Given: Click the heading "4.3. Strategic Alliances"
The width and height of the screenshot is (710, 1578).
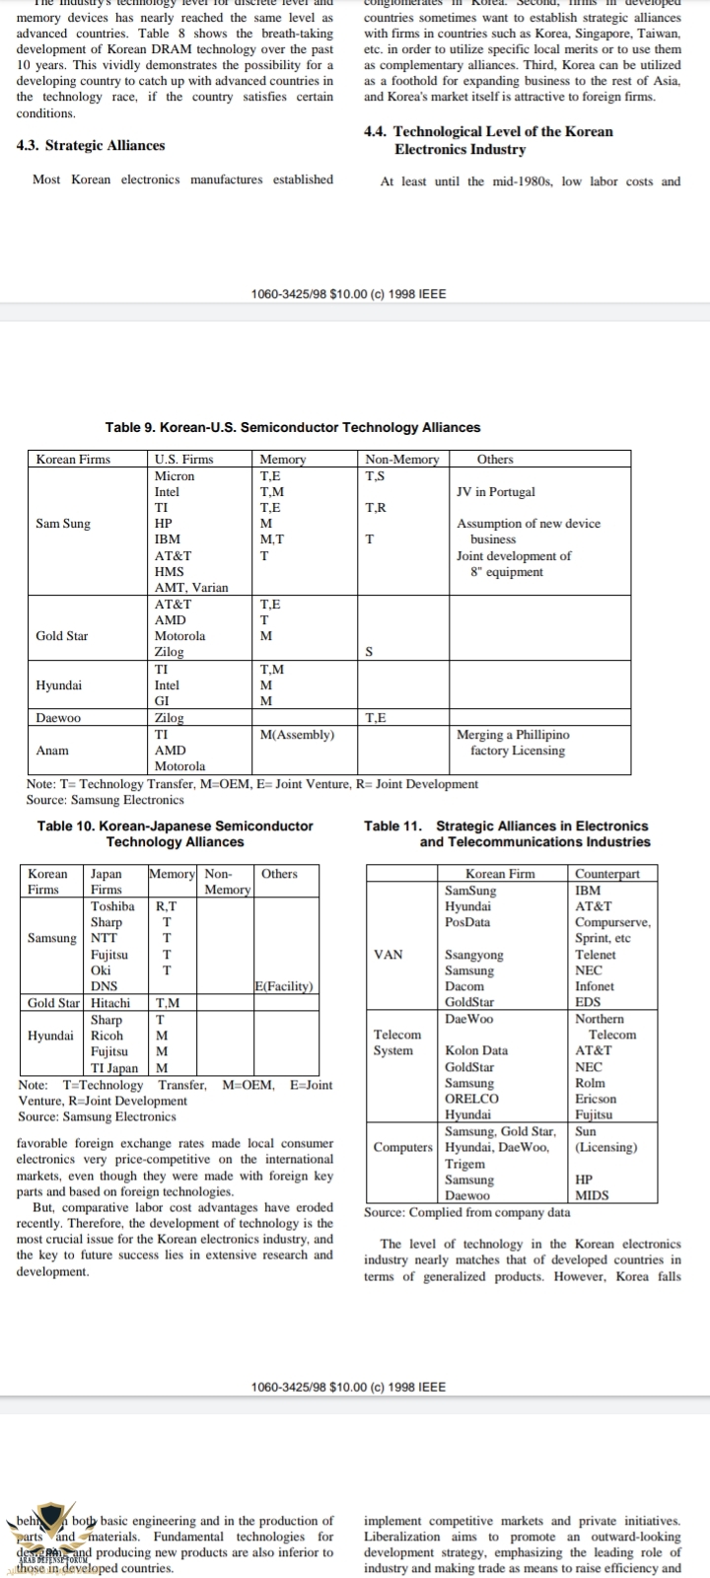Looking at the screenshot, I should tap(91, 145).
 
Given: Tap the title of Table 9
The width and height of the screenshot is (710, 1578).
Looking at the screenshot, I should tap(293, 427).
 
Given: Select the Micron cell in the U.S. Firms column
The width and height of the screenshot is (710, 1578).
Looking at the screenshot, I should tap(175, 475).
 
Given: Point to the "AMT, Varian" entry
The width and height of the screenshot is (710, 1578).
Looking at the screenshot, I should tap(191, 588).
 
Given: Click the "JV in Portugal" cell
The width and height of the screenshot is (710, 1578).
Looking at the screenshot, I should tap(496, 491).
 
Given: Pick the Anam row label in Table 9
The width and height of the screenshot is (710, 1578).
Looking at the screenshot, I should tap(52, 751).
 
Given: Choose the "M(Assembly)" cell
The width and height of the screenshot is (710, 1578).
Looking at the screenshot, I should tap(297, 735).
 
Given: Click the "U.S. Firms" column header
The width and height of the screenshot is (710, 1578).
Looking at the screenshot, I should tap(184, 459).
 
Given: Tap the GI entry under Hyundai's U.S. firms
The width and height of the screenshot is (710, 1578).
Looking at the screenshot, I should tap(163, 701).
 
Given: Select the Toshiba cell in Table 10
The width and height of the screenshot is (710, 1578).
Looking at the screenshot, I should tap(112, 906).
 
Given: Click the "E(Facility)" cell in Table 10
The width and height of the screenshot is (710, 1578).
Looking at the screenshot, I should tap(284, 986).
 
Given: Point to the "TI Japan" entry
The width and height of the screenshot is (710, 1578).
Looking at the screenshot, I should tap(114, 1068).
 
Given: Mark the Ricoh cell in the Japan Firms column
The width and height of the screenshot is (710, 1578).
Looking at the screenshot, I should tap(106, 1036).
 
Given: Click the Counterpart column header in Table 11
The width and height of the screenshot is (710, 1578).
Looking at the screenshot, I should tap(606, 874).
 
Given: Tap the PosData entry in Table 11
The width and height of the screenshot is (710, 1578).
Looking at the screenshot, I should tap(467, 922).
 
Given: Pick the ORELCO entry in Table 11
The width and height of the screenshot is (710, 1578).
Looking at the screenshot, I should tap(472, 1099).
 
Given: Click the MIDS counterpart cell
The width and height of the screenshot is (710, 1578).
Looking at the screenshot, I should tap(592, 1195).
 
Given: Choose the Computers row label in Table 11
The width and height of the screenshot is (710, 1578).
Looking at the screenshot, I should tap(402, 1147).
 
